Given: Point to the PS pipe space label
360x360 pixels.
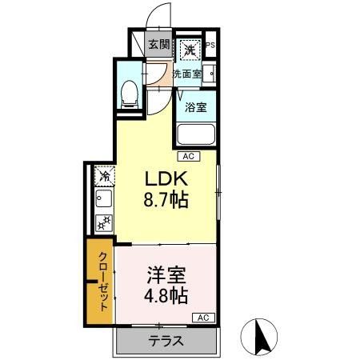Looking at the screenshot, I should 210,46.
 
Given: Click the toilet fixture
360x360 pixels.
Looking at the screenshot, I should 128,95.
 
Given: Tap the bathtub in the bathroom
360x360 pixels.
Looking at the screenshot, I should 196,135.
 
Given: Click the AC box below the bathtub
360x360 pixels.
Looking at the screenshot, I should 189,156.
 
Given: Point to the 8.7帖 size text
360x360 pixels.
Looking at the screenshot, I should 165,200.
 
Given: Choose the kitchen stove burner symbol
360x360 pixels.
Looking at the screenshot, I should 104,223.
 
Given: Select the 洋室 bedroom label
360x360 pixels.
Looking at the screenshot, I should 166,275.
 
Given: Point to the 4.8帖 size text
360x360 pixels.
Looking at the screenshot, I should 166,297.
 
